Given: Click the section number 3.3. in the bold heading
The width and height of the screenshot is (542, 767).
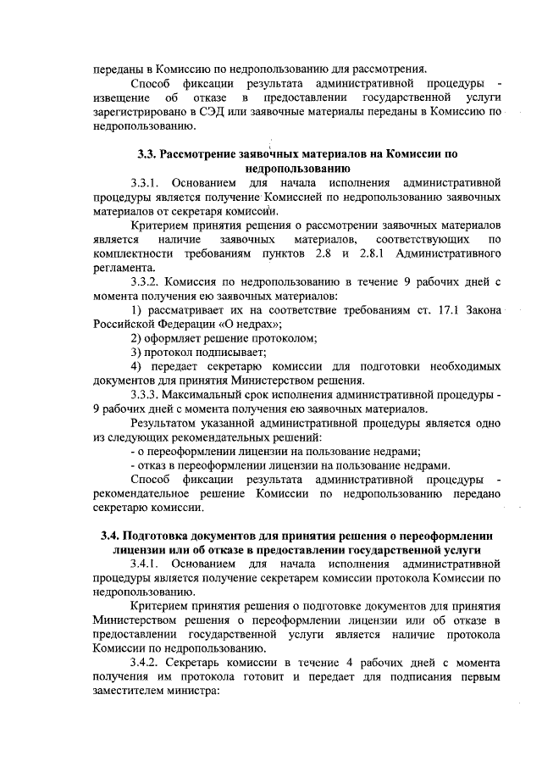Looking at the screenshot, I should [148, 155].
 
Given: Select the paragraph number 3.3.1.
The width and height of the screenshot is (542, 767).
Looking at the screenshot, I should [147, 183].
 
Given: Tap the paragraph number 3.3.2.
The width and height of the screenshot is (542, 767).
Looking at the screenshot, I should [147, 281].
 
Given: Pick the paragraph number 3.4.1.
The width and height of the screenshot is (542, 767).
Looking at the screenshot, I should [147, 564].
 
